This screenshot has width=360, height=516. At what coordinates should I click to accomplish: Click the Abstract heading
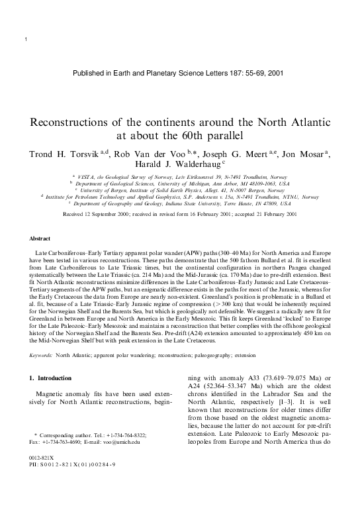[x=41, y=238]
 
